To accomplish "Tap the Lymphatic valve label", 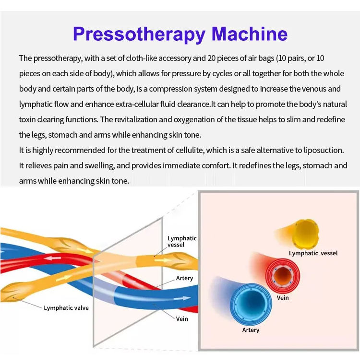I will pos(66,308).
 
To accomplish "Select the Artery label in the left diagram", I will pos(184,278).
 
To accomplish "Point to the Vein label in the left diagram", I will pos(182,318).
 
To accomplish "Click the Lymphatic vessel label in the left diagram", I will pos(182,241).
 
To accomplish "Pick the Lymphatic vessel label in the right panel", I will pos(313,253).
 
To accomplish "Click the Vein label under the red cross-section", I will pos(283,298).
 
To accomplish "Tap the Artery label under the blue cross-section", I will pos(251,330).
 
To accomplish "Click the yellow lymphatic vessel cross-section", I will pos(306,232).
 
